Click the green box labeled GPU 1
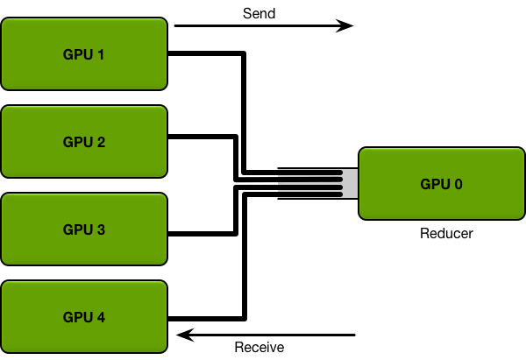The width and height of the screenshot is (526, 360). [x=84, y=54]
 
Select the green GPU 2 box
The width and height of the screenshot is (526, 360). [x=84, y=142]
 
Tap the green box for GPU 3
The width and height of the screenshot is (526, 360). [x=84, y=229]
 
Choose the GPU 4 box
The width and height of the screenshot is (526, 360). [x=84, y=317]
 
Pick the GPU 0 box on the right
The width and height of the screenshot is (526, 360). [x=442, y=184]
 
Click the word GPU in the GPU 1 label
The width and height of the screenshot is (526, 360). [x=77, y=54]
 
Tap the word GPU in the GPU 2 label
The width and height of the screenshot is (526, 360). [x=77, y=142]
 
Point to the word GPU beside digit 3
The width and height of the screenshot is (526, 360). [x=77, y=229]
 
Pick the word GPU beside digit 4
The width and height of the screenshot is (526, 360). [x=77, y=317]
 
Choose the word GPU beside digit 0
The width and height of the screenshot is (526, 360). [x=435, y=184]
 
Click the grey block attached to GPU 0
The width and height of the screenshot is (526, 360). [x=351, y=184]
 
